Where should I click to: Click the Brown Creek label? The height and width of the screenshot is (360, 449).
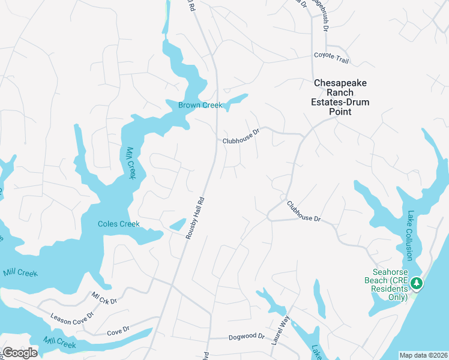click(x=200, y=105)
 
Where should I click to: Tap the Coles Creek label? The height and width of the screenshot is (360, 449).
click(x=119, y=224)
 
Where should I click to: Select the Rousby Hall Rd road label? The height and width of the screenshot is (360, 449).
click(x=196, y=218)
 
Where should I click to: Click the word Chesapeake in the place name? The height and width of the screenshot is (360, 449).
click(x=340, y=83)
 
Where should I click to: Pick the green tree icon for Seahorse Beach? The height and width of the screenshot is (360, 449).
click(x=414, y=283)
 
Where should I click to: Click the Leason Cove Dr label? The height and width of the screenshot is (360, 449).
click(x=72, y=316)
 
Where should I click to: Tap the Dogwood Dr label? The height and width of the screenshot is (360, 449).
click(x=247, y=337)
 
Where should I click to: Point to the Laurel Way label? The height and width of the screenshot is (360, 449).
click(x=280, y=330)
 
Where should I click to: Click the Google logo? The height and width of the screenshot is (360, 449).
click(x=19, y=353)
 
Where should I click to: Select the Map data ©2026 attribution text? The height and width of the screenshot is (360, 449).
click(x=423, y=355)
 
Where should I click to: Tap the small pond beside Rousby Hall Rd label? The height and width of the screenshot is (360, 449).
click(x=178, y=225)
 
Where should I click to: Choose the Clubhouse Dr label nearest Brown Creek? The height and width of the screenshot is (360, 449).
click(x=241, y=136)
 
